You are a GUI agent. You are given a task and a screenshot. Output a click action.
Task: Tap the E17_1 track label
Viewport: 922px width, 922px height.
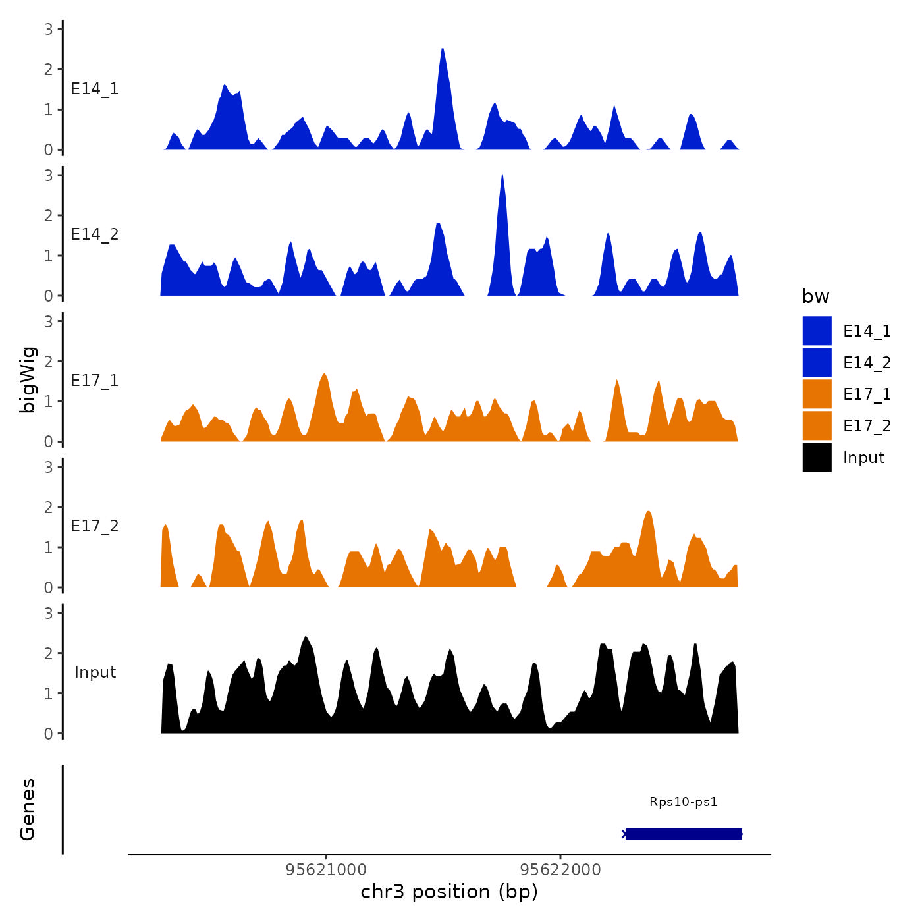coord(95,381)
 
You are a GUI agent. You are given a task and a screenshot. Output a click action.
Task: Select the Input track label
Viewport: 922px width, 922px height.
coord(95,672)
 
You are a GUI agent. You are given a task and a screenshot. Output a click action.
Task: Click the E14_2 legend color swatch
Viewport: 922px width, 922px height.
coord(817,362)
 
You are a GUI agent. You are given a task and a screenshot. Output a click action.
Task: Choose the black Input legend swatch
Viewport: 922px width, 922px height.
coord(817,457)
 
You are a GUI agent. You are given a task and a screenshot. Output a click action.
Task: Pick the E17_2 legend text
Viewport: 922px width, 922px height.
coord(867,426)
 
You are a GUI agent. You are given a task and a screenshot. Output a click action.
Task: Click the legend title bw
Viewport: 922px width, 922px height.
coord(815,297)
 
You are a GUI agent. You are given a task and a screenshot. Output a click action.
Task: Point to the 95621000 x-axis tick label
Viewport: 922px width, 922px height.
coord(326,870)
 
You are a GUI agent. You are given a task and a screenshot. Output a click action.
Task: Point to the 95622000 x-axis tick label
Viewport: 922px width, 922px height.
coord(560,870)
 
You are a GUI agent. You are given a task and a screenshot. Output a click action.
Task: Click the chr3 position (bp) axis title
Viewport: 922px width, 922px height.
coord(449,892)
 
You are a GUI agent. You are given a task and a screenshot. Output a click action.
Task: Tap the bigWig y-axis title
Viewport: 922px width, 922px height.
coord(28,380)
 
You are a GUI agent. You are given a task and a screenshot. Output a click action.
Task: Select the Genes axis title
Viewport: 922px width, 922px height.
coord(28,809)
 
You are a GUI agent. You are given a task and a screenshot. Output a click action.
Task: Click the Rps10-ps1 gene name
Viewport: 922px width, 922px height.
coord(683,802)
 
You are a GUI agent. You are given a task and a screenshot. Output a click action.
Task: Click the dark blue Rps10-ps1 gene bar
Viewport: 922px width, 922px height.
coord(684,834)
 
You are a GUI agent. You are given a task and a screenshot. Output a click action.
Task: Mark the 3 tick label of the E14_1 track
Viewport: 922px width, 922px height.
coord(49,29)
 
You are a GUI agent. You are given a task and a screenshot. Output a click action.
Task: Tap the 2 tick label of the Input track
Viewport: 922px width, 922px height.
coord(49,653)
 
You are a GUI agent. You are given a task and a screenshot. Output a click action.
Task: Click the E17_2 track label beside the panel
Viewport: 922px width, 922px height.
coord(95,526)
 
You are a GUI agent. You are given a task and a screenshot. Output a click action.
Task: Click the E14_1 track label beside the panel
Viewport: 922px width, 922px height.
coord(95,89)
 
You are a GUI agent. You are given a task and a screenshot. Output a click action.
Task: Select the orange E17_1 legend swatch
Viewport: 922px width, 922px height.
coord(817,394)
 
